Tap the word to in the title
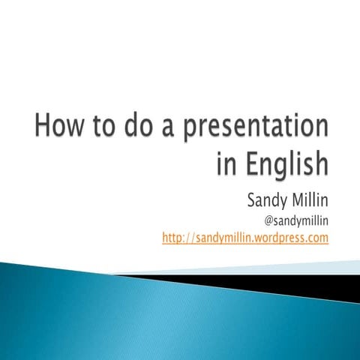112,126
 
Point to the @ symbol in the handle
271,220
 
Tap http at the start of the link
174,238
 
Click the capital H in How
43,125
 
